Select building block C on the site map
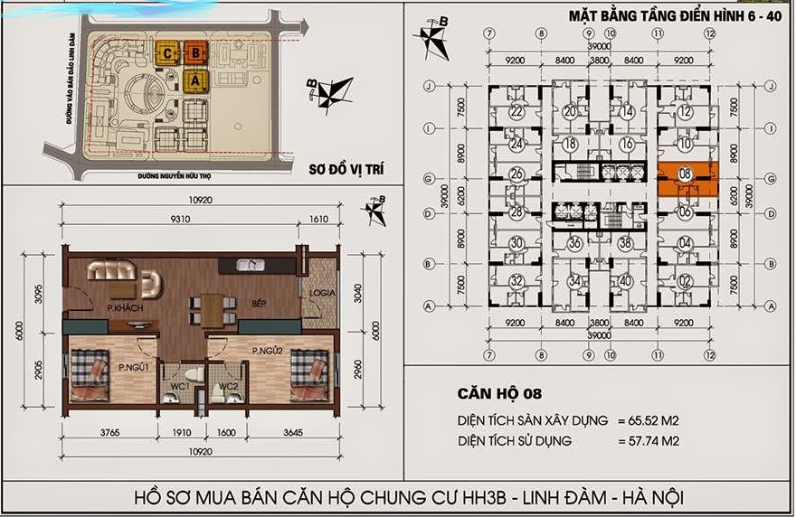[x=169, y=53]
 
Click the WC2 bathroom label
[x=226, y=386]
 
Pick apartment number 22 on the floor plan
[x=516, y=113]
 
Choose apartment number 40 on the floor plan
[x=626, y=280]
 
